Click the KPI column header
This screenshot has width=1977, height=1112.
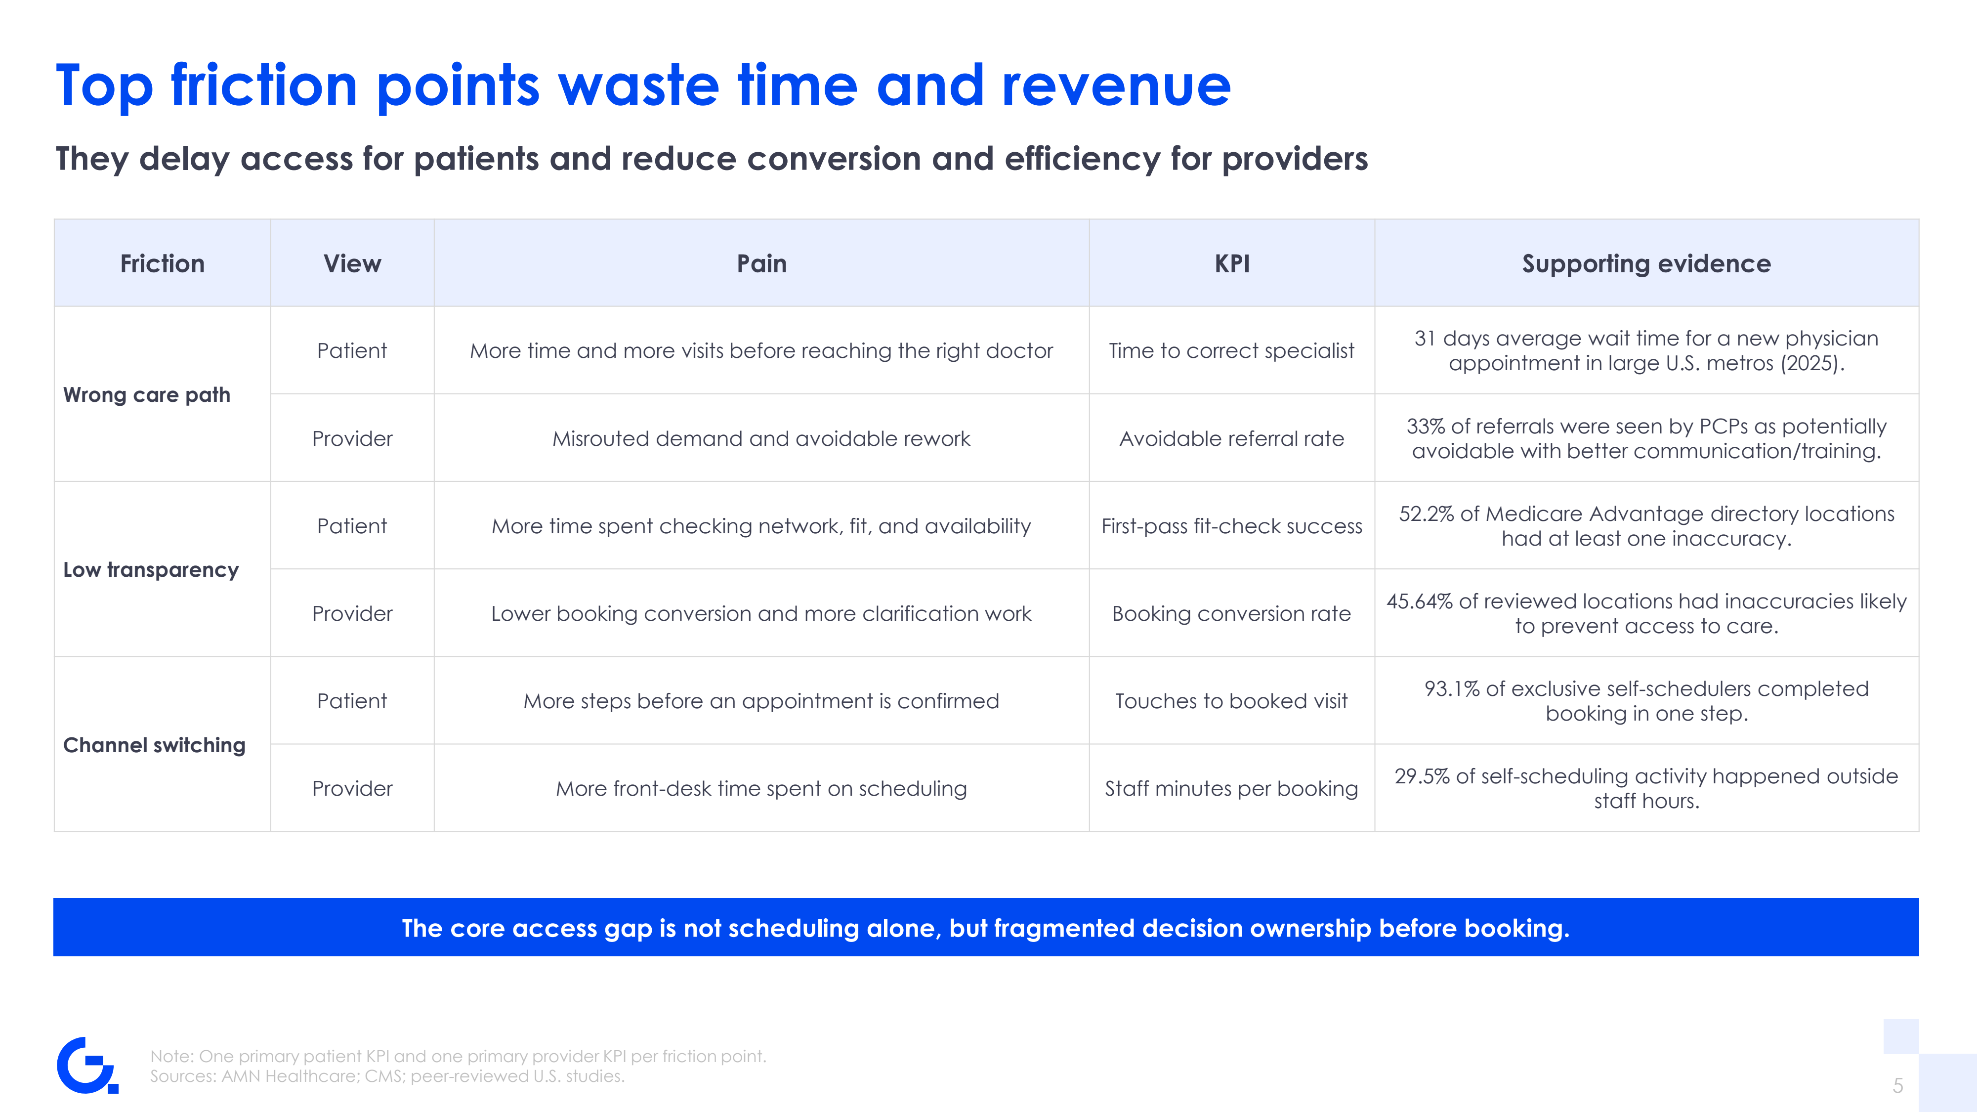pyautogui.click(x=1232, y=264)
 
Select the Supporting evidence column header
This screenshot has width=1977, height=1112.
pyautogui.click(x=1646, y=264)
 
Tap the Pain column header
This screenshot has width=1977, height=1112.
pyautogui.click(x=761, y=264)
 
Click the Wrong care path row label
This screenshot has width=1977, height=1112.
pyautogui.click(x=147, y=394)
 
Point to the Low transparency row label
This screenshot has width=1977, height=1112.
pyautogui.click(x=151, y=569)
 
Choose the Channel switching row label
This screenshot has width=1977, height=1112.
pyautogui.click(x=154, y=745)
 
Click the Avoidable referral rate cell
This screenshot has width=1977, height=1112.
pyautogui.click(x=1232, y=438)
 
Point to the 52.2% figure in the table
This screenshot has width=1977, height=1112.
pyautogui.click(x=1426, y=513)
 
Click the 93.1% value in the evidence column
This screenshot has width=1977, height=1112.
pyautogui.click(x=1452, y=688)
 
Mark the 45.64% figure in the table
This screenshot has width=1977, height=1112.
pyautogui.click(x=1420, y=601)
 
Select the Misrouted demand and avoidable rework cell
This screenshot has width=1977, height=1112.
pyautogui.click(x=761, y=438)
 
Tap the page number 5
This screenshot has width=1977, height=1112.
pyautogui.click(x=1898, y=1086)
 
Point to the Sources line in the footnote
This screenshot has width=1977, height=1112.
pyautogui.click(x=387, y=1076)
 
